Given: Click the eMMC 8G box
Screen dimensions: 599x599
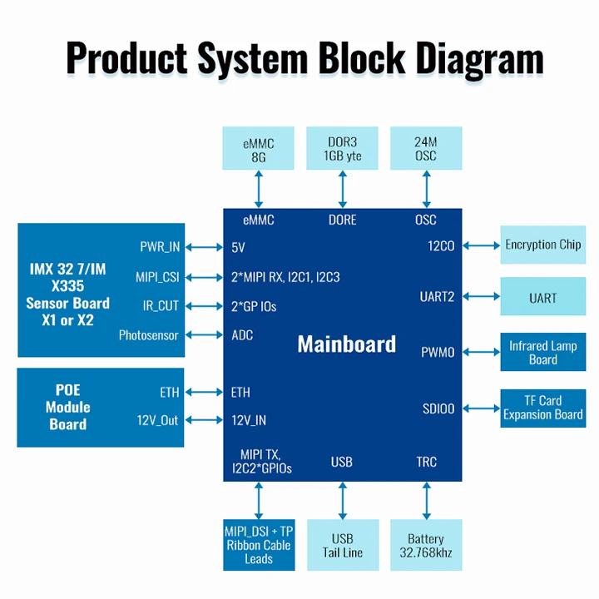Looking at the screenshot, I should (x=259, y=150).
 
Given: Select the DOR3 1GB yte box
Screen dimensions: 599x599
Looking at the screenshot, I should (x=342, y=150).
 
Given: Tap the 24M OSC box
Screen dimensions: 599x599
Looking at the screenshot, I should (x=426, y=150).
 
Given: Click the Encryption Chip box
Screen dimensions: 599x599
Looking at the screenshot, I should (x=542, y=245).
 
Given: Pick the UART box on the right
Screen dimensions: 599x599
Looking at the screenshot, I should (x=542, y=298).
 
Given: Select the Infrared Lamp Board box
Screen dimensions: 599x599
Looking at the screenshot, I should (x=542, y=352).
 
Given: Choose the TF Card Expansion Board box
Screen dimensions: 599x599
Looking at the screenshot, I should (x=542, y=408).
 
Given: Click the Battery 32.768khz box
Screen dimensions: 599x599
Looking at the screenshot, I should (x=426, y=546).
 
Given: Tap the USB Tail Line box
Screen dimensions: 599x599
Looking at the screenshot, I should (x=342, y=546).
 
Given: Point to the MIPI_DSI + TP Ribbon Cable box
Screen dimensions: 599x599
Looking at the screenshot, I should (x=259, y=546).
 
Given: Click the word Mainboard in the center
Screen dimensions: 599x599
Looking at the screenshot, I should (x=346, y=344).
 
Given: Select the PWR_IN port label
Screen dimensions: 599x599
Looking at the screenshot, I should (x=160, y=247).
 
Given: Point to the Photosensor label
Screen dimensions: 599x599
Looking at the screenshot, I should (x=149, y=335).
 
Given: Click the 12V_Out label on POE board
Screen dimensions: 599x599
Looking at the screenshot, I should (x=158, y=420).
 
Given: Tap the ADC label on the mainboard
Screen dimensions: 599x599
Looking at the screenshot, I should (x=242, y=335).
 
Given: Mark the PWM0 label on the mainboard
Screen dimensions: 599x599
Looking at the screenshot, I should (x=438, y=352).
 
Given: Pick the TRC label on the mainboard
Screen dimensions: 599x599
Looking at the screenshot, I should (x=426, y=462).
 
